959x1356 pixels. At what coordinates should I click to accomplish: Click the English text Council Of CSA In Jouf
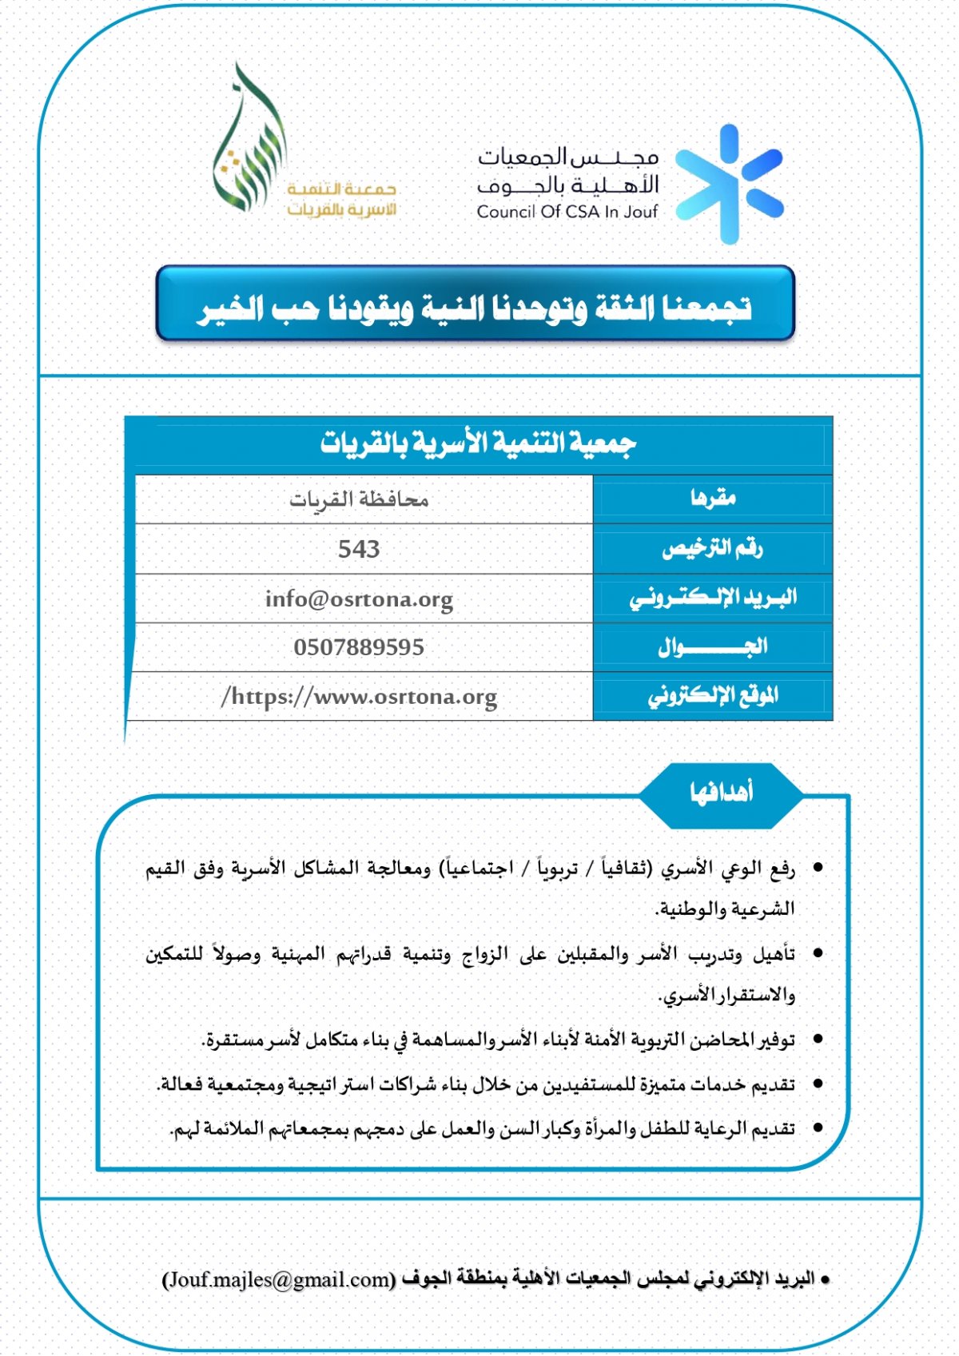point(567,212)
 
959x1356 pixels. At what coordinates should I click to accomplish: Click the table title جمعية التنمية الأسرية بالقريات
point(478,443)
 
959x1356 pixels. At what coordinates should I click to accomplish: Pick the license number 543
point(359,549)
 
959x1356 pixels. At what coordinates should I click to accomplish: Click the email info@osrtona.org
point(359,598)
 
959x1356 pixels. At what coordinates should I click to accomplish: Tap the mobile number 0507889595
point(359,647)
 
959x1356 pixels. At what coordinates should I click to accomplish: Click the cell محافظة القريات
point(359,500)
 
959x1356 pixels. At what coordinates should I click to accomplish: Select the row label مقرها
point(713,499)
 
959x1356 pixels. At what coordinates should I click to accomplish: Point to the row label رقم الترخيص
point(712,549)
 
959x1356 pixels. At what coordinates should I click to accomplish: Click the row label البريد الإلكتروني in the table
point(712,598)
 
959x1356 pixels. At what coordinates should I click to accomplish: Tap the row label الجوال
point(712,647)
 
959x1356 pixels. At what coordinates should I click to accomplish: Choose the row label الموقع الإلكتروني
point(712,696)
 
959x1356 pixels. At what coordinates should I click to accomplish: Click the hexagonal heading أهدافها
point(721,793)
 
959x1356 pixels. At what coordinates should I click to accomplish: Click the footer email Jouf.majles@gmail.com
point(279,1279)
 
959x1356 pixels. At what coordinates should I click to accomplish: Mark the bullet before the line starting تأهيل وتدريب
point(818,954)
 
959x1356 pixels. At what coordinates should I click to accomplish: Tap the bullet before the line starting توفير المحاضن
point(818,1040)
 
